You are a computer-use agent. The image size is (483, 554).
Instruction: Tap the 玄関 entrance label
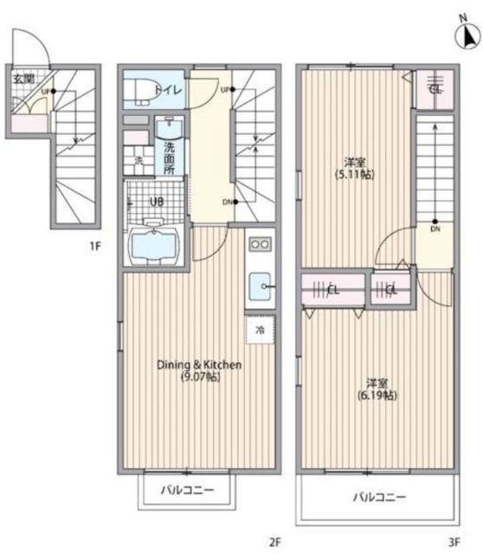23,78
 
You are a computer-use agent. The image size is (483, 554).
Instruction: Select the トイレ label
166,88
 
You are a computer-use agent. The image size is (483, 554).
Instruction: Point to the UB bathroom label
156,202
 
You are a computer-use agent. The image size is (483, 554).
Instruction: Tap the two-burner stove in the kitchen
260,244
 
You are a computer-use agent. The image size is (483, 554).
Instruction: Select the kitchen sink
260,285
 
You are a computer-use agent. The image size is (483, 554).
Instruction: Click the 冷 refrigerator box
259,329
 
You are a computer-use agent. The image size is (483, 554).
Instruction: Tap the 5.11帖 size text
353,174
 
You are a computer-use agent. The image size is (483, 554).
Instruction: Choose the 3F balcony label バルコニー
378,498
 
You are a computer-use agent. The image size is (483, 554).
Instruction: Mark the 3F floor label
453,543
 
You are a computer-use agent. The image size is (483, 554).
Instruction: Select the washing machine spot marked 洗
138,161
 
